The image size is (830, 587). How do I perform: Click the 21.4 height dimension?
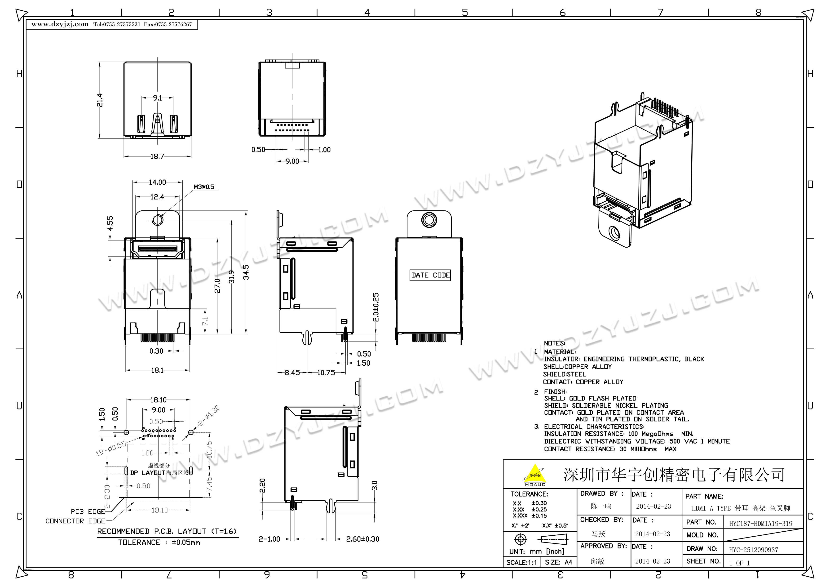(100, 100)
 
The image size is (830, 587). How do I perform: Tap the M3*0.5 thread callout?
(204, 187)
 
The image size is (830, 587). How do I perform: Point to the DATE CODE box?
(431, 275)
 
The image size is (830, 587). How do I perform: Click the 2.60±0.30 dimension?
(362, 539)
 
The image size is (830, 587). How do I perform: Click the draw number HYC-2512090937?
(753, 550)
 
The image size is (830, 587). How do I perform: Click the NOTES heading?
(554, 343)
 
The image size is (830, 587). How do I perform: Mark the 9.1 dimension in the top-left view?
(158, 98)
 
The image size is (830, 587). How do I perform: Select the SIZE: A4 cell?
(559, 562)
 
